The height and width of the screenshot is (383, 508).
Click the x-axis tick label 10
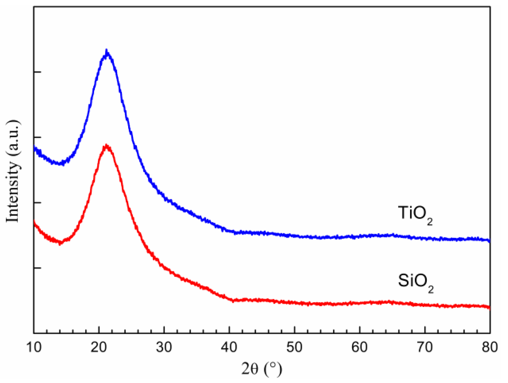coord(34,347)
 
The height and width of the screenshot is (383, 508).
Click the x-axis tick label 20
coord(99,347)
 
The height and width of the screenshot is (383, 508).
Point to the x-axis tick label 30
coord(164,347)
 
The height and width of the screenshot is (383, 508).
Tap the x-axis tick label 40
coord(229,347)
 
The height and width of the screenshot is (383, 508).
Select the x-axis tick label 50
coord(294,347)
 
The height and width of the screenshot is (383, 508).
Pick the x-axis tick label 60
coord(359,347)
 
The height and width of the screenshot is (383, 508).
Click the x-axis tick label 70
coord(425,347)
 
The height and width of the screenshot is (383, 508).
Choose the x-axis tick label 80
coord(489,347)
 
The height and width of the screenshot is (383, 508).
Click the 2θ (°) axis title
coord(262,369)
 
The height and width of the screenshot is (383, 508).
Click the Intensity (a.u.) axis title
coord(13,171)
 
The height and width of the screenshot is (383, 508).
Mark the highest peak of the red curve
coord(106,145)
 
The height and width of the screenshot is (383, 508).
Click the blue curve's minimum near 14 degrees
coord(62,164)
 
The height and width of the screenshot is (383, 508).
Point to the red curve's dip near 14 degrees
coord(60,243)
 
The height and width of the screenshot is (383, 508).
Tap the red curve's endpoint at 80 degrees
coord(489,307)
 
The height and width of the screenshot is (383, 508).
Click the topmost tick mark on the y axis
coord(37,72)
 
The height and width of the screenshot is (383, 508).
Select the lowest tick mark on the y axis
coord(37,268)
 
